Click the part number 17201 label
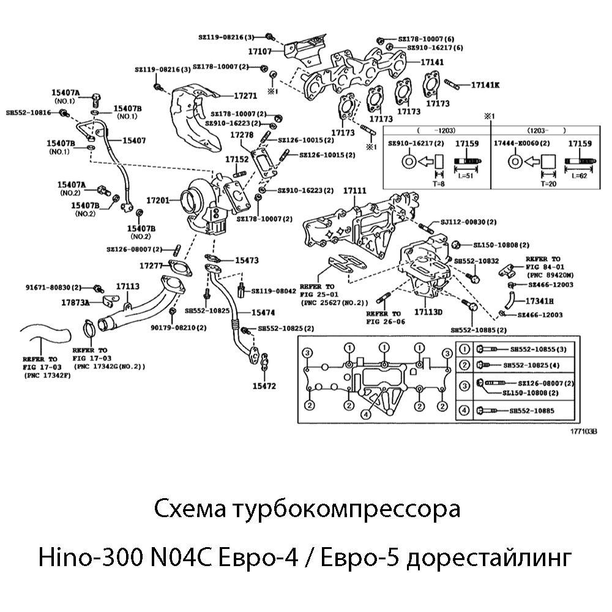click(157, 200)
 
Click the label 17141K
click(485, 84)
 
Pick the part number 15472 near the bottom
click(264, 386)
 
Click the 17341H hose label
click(540, 300)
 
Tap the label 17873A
click(75, 302)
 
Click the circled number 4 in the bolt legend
click(465, 410)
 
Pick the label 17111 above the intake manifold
click(355, 192)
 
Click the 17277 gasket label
click(151, 266)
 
